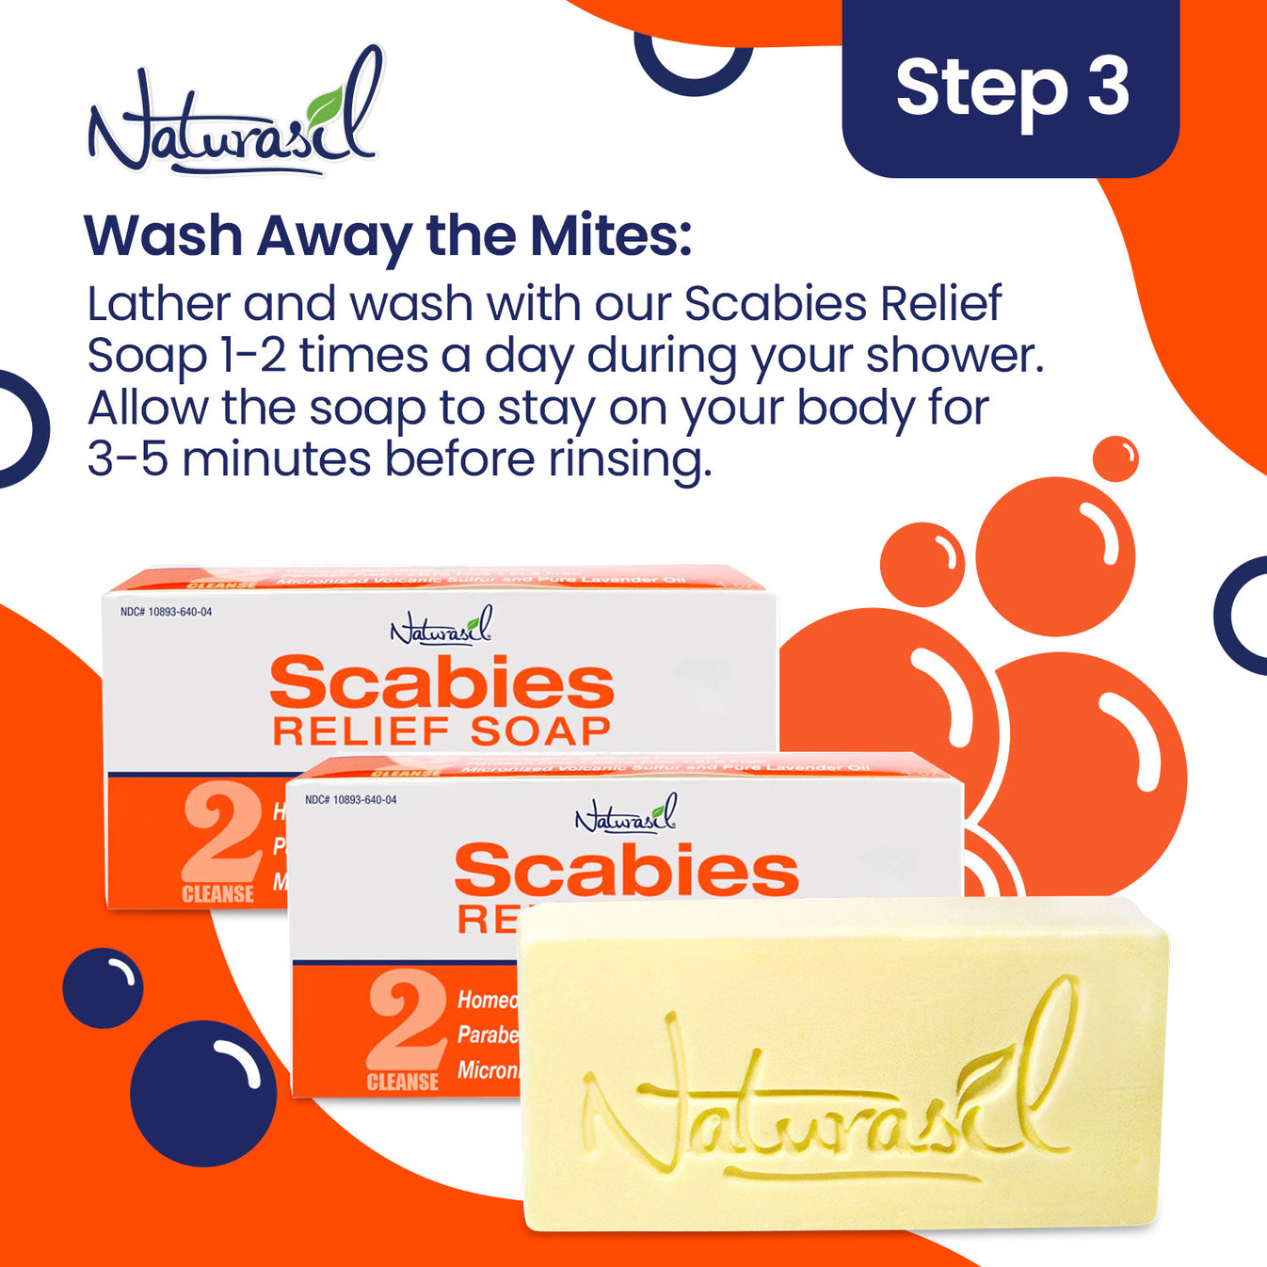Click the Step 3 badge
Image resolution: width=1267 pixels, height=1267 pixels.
point(1011,88)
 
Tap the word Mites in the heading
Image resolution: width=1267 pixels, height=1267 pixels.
point(611,235)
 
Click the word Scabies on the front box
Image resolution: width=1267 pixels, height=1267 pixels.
point(626,870)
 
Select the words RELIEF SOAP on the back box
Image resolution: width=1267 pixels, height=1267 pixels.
point(441,731)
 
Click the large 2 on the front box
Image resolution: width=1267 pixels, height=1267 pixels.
point(407,1022)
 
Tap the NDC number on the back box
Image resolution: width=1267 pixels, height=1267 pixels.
point(167,612)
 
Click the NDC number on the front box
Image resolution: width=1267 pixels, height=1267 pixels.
point(351,800)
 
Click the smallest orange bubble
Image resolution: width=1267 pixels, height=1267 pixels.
point(1115,458)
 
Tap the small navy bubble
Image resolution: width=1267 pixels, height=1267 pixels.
point(103,987)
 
